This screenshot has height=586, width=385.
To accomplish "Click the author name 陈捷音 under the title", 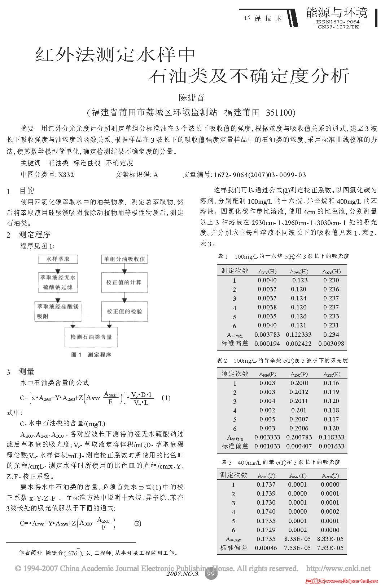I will coord(192,97).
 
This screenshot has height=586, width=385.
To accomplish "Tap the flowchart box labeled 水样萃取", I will coord(58,259).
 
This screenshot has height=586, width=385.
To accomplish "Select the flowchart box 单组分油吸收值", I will coord(124,259).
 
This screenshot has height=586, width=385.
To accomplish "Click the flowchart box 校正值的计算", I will coord(124,282).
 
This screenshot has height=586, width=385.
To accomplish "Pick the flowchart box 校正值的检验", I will coord(124,311).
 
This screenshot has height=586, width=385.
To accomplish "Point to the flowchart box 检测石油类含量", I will coord(91,337).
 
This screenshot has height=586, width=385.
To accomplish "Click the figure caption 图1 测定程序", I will coord(91,355).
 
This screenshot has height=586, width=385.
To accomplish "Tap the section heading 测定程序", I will coord(35,235).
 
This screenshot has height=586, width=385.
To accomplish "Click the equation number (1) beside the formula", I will coord(166,398).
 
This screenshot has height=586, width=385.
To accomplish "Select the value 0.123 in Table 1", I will coord(300,280).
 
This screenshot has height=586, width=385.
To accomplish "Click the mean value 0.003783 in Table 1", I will coord(267,335).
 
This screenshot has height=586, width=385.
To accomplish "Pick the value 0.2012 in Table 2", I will coord(299,392).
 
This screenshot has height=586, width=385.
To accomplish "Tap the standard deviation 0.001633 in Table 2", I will coord(331,446).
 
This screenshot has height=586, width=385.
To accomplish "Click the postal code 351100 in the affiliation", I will coord(280,113).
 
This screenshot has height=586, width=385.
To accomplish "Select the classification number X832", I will coord(66,175).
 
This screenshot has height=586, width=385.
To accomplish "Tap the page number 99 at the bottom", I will coord(211,573).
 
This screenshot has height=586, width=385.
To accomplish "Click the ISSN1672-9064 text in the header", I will coord(338,22).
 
